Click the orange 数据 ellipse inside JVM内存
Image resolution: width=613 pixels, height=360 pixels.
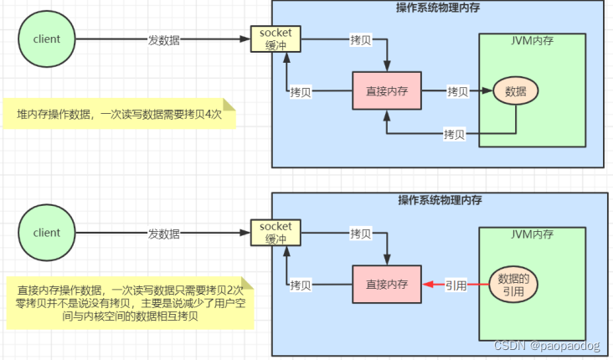(x=516, y=91)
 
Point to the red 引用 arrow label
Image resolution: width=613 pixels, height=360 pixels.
(x=456, y=285)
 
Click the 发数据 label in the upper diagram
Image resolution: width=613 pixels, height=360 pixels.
(x=164, y=39)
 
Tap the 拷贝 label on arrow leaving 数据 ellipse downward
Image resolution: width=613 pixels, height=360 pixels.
(x=455, y=134)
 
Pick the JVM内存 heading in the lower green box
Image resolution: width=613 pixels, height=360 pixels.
(x=532, y=234)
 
